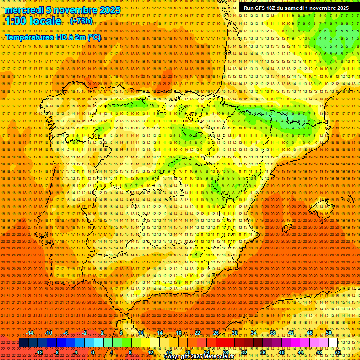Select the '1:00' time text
tap(16, 22)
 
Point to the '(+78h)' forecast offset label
tap(81, 22)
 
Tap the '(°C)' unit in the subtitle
tap(94, 37)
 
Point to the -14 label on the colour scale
tap(30, 333)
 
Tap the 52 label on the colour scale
tap(338, 352)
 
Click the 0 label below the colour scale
tap(93, 352)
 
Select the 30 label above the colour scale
tap(235, 333)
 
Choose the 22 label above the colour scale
tap(197, 333)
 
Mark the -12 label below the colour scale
tap(39, 352)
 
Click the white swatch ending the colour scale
tap(333, 343)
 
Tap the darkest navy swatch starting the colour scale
tap(23, 343)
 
